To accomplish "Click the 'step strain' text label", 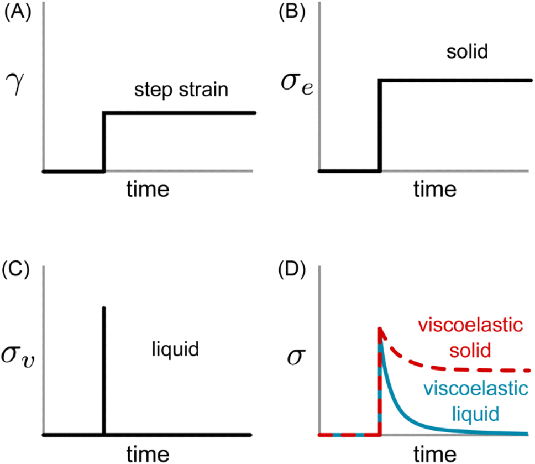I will pos(181,90).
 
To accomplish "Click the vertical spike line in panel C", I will pos(103,371).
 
